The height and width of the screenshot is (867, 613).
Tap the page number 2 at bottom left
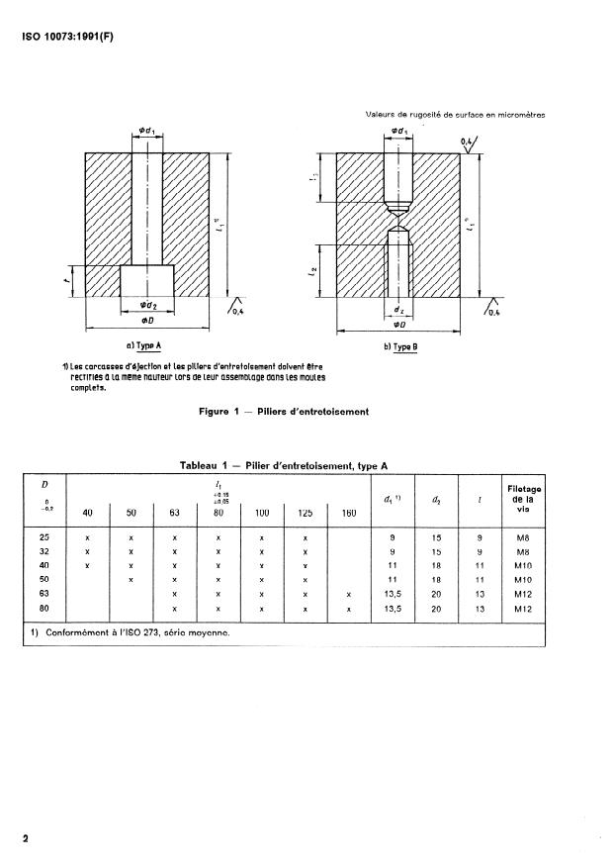pos(26,839)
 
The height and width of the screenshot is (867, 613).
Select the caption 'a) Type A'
pos(144,346)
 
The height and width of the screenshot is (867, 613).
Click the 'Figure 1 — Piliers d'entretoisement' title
pos(284,412)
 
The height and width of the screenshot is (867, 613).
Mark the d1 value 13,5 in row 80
pos(392,610)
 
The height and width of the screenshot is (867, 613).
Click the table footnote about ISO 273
pos(135,634)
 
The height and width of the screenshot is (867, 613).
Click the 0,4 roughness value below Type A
pos(237,312)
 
